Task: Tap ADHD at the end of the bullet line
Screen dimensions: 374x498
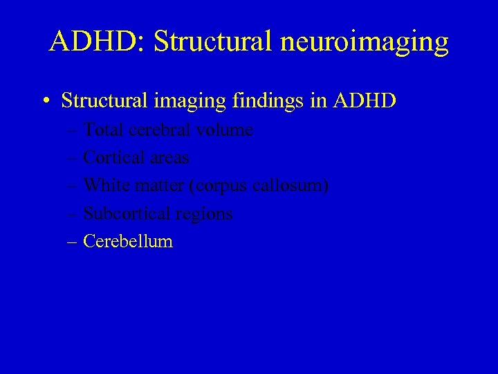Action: tap(365, 100)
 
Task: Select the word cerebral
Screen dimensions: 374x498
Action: tap(159, 130)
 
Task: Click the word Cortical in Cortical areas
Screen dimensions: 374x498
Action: tap(111, 158)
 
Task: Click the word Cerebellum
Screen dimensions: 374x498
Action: tap(128, 241)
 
